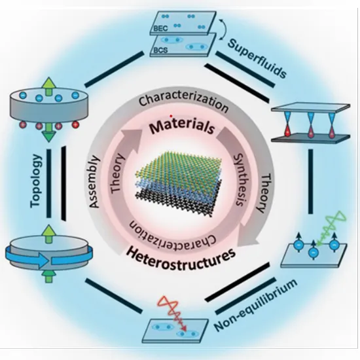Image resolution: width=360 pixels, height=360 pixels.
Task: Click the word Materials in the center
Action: (x=182, y=127)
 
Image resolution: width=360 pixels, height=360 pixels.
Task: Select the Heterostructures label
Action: (x=181, y=259)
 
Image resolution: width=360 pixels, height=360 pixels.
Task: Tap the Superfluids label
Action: (x=257, y=58)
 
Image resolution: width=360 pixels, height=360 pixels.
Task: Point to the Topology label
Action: (x=36, y=181)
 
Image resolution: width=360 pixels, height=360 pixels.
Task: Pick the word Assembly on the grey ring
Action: (x=94, y=182)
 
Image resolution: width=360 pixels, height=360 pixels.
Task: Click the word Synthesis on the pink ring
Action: (x=241, y=180)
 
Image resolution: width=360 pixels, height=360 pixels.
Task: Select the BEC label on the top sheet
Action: (x=160, y=28)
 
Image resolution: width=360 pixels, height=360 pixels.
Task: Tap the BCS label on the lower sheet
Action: (x=160, y=50)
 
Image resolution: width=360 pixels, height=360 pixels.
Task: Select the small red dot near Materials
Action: (x=171, y=116)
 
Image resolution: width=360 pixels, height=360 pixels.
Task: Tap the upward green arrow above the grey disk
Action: (x=48, y=86)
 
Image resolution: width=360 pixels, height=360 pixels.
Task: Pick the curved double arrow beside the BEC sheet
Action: (x=225, y=29)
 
